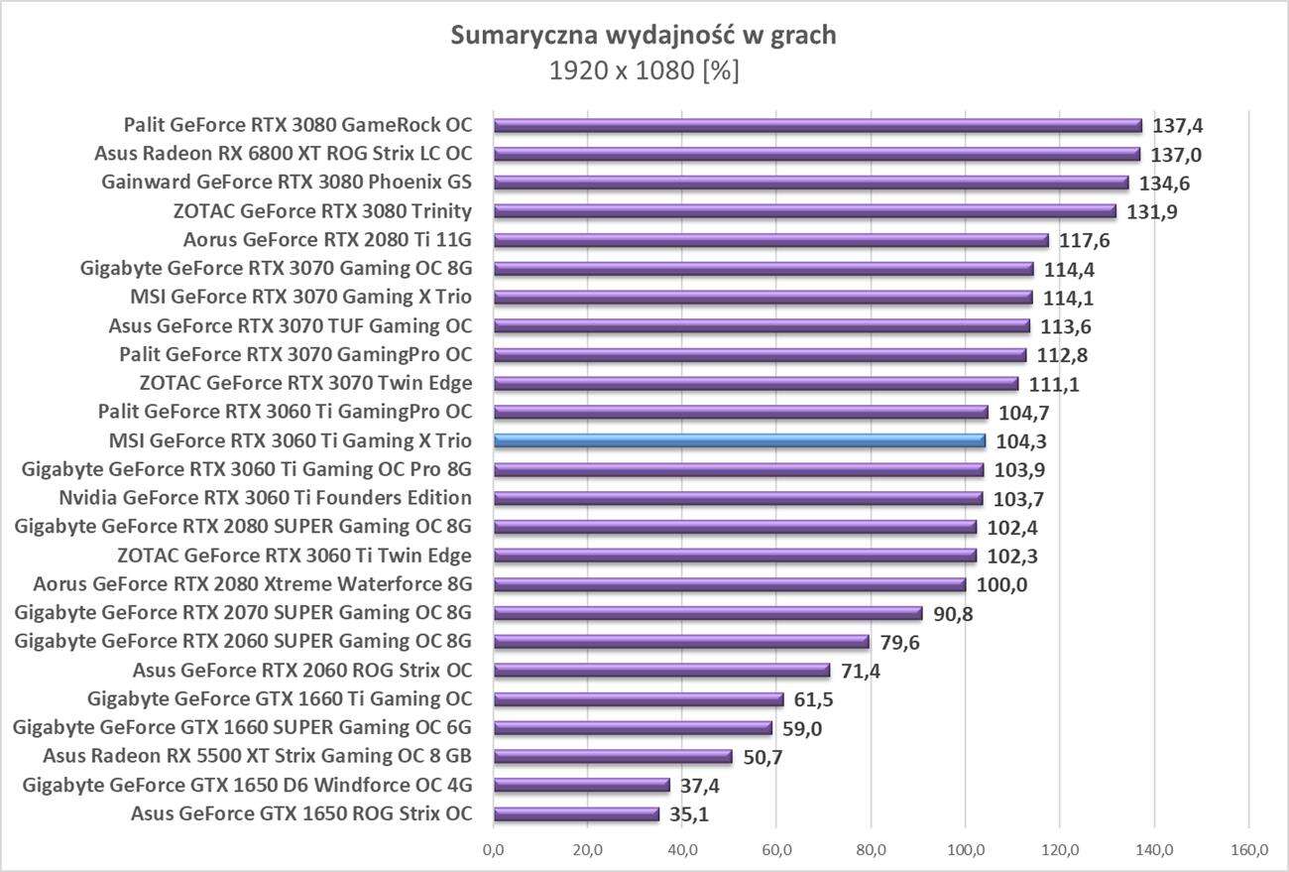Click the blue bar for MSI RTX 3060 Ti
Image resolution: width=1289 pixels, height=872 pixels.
coord(740,440)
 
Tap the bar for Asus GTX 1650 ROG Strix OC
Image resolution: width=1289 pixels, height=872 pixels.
coord(576,814)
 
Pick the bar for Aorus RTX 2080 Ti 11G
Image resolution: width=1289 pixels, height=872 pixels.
coord(770,240)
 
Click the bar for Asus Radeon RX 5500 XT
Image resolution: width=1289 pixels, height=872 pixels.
coord(613,757)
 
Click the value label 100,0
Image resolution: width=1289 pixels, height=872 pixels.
coord(1001,585)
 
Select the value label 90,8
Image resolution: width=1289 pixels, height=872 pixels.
coord(953,614)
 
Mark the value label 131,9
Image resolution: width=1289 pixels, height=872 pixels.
coord(1152,211)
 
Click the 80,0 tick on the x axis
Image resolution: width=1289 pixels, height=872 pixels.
coord(871,850)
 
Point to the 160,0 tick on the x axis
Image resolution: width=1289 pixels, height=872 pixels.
coord(1248,850)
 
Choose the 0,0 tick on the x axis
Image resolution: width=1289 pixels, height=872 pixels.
coord(493,850)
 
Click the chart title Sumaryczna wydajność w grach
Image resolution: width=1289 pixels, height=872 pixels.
coord(644,36)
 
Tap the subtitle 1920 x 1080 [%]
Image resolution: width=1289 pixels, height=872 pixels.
coord(644,71)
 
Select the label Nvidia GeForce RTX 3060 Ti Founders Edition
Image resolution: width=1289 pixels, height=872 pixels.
coord(265,498)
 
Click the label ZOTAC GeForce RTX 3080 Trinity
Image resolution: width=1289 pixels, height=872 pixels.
coord(322,211)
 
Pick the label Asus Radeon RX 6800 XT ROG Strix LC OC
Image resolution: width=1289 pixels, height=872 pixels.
coord(283,154)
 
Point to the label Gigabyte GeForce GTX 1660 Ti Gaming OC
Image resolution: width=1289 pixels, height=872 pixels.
coord(280,699)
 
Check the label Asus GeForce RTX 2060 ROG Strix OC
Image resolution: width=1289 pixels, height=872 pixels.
coord(301,671)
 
